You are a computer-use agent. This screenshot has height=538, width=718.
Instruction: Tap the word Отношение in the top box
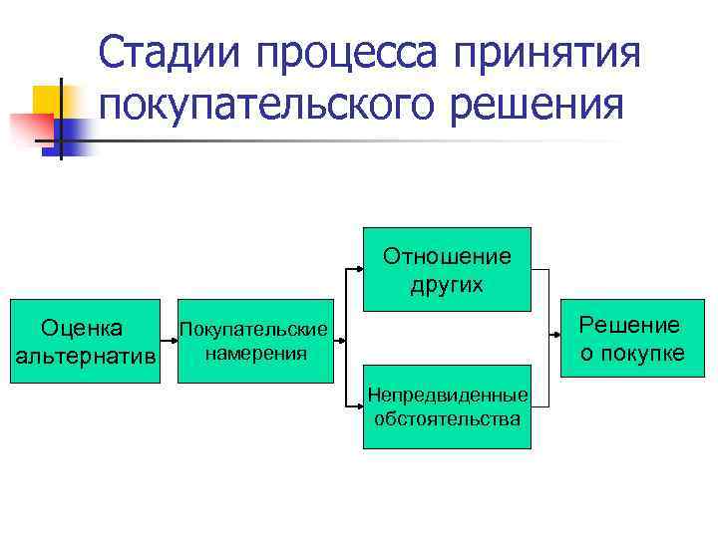point(447,256)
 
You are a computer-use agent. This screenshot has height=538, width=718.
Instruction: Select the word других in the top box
point(447,284)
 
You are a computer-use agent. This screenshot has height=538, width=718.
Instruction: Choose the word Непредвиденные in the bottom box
point(447,397)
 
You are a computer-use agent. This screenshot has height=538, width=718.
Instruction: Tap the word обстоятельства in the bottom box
point(447,418)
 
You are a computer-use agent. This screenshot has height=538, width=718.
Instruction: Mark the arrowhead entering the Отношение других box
point(357,269)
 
